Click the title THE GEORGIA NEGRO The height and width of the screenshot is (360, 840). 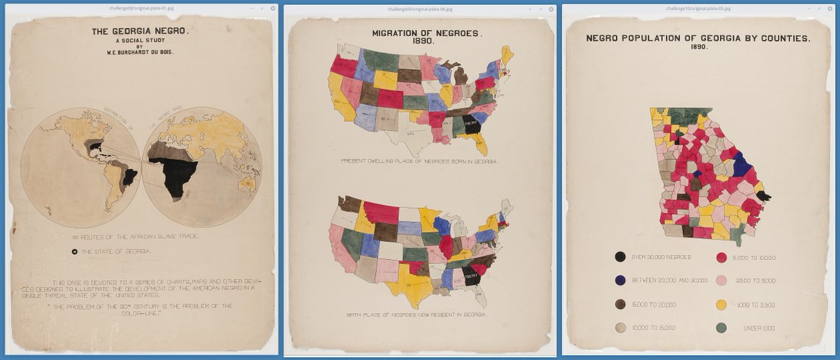click(140, 32)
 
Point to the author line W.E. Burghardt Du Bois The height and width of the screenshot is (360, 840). click(140, 52)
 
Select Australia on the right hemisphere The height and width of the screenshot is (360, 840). click(247, 184)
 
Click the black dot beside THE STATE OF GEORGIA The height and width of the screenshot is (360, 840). click(74, 251)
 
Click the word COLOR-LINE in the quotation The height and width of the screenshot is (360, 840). click(141, 313)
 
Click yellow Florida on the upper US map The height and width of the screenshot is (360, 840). click(481, 146)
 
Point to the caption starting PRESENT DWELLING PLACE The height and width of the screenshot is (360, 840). click(420, 161)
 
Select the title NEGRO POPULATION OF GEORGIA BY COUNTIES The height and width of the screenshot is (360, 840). click(698, 39)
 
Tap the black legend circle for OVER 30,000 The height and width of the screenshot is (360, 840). click(620, 258)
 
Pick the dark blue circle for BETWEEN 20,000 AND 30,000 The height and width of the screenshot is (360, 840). click(620, 281)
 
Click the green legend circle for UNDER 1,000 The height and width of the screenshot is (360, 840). click(722, 328)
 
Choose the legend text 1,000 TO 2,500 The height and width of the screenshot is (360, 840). click(755, 305)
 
